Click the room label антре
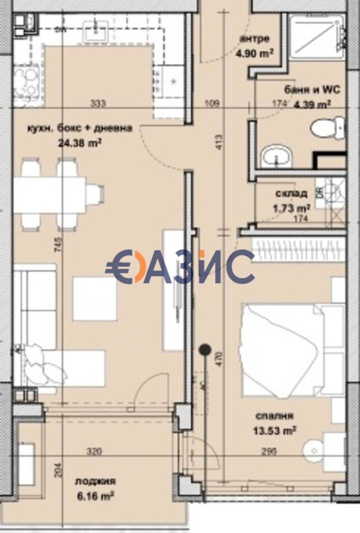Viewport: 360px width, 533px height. (x=255, y=39)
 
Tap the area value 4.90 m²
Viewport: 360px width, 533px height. (x=255, y=53)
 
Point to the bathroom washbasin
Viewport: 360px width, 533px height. (x=277, y=157)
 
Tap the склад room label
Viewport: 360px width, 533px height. (x=292, y=193)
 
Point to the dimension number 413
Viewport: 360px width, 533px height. (x=220, y=142)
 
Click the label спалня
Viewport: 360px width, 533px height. (x=275, y=416)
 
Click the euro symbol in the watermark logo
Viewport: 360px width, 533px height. (x=120, y=267)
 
